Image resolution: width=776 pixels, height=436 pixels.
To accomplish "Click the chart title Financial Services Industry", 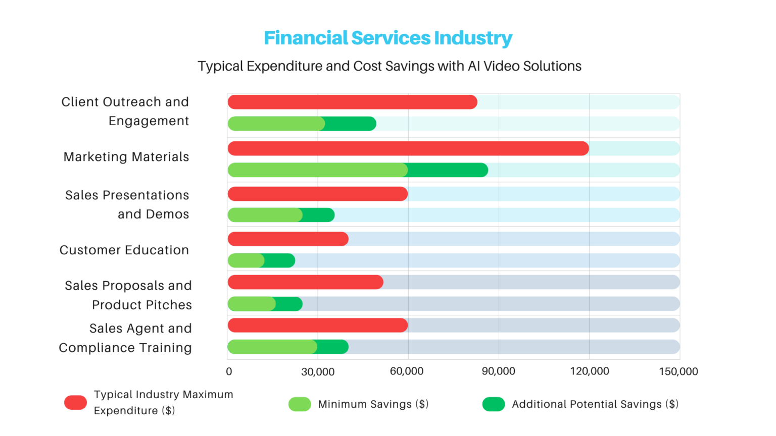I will coord(387,38).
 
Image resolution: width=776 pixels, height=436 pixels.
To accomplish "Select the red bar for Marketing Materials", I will coord(408,148).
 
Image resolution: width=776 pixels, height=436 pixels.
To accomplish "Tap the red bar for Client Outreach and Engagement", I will coord(352,102).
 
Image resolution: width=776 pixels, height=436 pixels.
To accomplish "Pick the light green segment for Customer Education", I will coord(246,260).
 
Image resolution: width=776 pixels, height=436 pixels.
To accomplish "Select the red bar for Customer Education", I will coord(288,239).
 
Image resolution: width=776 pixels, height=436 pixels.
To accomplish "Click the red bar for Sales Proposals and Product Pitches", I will coord(305,282).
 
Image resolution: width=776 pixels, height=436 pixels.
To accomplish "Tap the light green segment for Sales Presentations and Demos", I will coord(265,215).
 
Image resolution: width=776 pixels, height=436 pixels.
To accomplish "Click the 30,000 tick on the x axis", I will coord(318,372).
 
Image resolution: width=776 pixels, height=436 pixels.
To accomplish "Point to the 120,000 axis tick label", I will coord(589,371).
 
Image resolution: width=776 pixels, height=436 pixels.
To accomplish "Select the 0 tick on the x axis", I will coord(229,372).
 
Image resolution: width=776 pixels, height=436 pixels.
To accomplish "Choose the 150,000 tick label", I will coord(678,371).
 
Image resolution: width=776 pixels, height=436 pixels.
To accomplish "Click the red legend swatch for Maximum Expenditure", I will coord(75,403).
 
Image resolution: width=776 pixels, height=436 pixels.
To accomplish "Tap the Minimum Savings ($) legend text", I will coord(373,404).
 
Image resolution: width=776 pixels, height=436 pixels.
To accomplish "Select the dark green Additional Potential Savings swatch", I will coord(493,404).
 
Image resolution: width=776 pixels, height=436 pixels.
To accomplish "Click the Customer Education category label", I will coord(124,250).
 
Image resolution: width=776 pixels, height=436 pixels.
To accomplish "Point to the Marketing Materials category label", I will coord(126,157).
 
